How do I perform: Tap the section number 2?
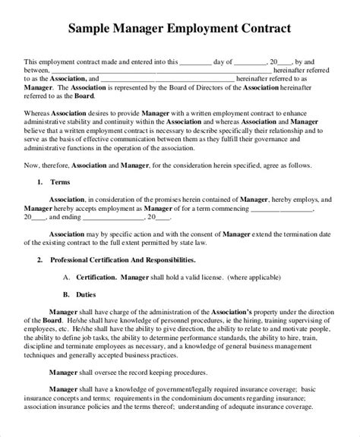click(x=39, y=260)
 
